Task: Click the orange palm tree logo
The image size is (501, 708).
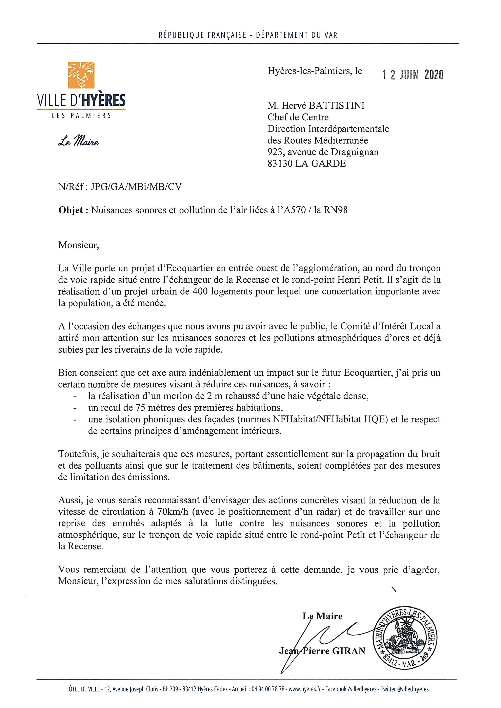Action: click(x=81, y=75)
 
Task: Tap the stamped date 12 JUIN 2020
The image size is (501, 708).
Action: click(x=413, y=75)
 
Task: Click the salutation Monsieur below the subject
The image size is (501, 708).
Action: click(x=79, y=245)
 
